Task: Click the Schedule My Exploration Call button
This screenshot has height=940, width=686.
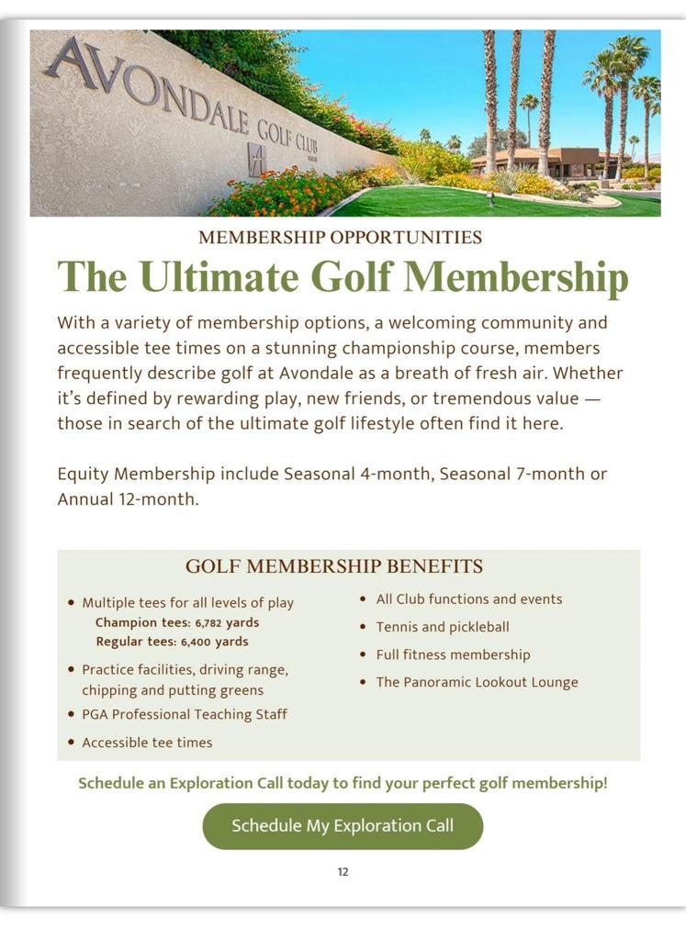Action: (343, 825)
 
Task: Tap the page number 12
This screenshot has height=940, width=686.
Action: (343, 872)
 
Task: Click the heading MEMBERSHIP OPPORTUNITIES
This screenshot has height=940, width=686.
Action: (340, 238)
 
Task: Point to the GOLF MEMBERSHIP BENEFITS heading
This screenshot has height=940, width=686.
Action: (334, 565)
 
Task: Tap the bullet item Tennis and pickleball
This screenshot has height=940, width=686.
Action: (442, 627)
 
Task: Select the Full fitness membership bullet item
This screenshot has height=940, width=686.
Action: (453, 655)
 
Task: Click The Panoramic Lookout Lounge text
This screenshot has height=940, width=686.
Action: (477, 682)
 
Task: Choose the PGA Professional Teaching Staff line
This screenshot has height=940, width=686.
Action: (185, 714)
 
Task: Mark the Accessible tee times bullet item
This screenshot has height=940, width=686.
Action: (147, 743)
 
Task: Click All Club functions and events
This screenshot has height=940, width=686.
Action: (468, 599)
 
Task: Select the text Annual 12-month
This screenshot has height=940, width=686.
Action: (128, 500)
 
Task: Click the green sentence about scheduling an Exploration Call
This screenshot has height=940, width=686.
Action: (343, 783)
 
